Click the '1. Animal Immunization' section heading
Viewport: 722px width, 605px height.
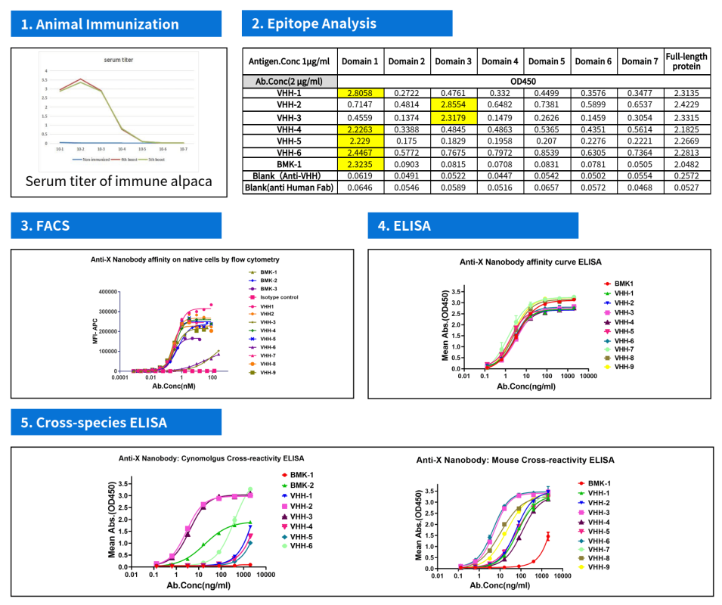point(100,24)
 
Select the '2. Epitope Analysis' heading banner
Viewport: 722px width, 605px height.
point(314,23)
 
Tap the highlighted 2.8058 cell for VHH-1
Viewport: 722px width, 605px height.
point(360,93)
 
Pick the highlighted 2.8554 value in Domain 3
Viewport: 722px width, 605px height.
point(453,106)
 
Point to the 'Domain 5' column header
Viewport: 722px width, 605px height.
point(547,61)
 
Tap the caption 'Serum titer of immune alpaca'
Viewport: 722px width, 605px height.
point(118,181)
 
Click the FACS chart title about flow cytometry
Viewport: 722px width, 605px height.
point(181,259)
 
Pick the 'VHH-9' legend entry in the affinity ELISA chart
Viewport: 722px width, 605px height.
point(624,367)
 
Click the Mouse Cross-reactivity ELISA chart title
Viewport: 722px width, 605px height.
point(516,460)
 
